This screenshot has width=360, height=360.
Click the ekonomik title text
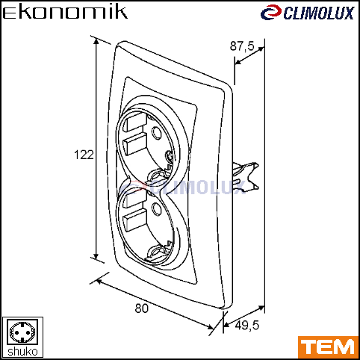click(65, 13)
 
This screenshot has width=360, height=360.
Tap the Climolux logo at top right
click(307, 13)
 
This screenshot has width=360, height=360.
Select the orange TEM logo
click(329, 347)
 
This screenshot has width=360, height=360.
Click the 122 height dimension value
click(84, 155)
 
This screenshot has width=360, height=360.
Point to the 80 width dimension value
click(141, 308)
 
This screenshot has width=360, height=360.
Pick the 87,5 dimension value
click(242, 46)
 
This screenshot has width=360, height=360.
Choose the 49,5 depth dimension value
click(246, 325)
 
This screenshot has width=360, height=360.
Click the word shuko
click(22, 352)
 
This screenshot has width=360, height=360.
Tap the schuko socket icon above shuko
click(22, 332)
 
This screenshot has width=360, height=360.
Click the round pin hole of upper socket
click(157, 132)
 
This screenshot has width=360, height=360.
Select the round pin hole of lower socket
click(157, 208)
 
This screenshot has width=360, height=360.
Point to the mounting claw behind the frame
click(246, 177)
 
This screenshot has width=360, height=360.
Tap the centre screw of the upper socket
click(169, 156)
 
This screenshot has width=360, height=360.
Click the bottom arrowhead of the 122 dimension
click(96, 256)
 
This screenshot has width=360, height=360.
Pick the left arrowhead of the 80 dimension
click(99, 282)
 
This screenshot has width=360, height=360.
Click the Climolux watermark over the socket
click(183, 187)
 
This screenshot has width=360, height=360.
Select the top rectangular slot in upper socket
click(136, 121)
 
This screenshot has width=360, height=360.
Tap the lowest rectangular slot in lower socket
click(134, 221)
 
